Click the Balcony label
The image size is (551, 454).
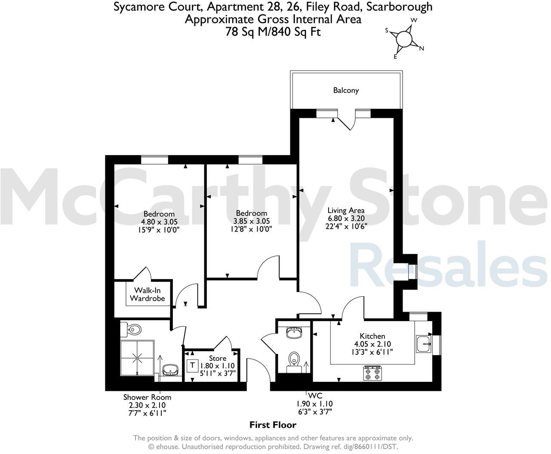[346, 90]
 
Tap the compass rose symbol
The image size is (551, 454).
[405, 39]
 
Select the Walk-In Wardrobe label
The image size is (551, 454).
[148, 294]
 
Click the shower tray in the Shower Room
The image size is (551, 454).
[137, 357]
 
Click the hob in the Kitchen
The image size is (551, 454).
[372, 373]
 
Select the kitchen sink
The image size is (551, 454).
[424, 344]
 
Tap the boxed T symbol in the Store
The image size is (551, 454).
[192, 365]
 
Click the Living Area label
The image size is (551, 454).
[346, 210]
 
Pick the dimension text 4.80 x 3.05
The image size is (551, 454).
[159, 222]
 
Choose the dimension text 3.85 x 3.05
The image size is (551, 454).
[252, 221]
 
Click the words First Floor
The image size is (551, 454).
[273, 425]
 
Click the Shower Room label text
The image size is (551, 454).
[147, 397]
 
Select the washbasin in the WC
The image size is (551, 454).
[295, 332]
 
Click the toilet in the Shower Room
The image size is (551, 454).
[133, 330]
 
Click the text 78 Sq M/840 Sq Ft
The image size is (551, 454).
[273, 32]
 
